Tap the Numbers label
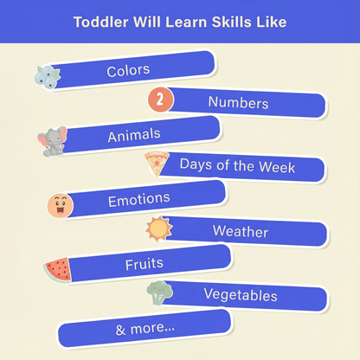click(x=238, y=103)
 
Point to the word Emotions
click(x=138, y=200)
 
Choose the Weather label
click(x=240, y=232)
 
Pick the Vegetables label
click(x=240, y=295)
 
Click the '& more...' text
click(x=145, y=329)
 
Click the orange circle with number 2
click(x=160, y=100)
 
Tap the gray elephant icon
click(x=53, y=141)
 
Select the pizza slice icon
click(x=157, y=163)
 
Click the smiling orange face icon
click(x=61, y=205)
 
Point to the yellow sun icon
click(x=159, y=229)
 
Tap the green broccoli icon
click(x=159, y=292)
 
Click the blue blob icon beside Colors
click(x=47, y=76)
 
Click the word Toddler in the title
click(x=100, y=21)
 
